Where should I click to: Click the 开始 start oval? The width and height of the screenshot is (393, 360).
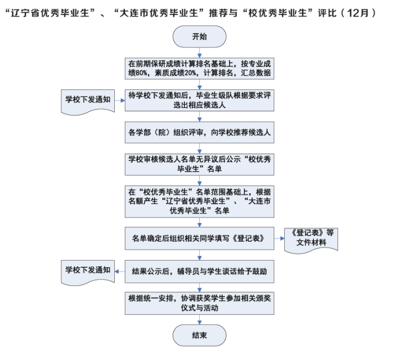(x=199, y=37)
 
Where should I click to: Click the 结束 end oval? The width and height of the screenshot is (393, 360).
(x=199, y=335)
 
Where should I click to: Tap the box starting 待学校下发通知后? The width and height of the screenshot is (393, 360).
(x=199, y=100)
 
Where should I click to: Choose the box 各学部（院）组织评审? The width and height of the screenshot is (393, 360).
(x=199, y=132)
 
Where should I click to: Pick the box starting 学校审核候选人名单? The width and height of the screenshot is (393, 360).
(x=199, y=164)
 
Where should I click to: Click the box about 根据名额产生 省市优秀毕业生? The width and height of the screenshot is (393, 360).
(x=199, y=202)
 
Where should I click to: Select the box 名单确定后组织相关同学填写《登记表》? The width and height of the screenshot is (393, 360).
(x=199, y=239)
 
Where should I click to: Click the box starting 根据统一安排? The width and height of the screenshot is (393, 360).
(x=199, y=303)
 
